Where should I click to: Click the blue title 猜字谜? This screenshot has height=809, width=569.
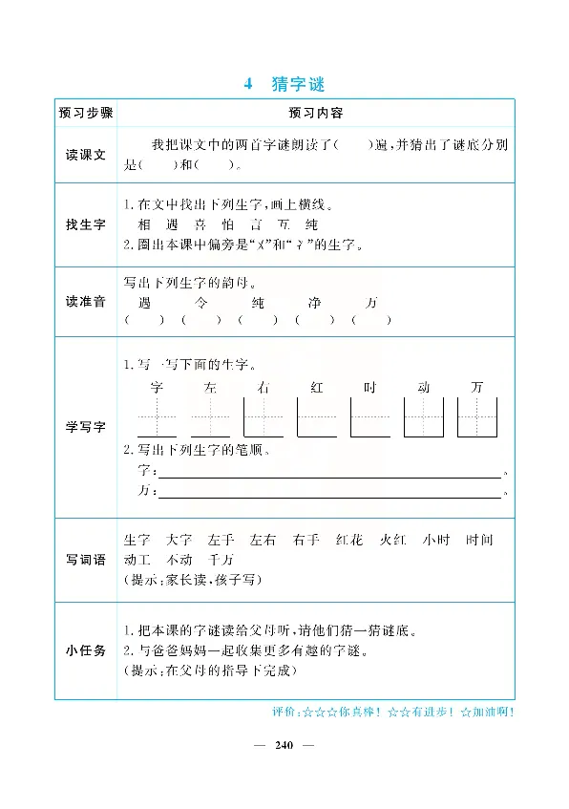[x=299, y=84]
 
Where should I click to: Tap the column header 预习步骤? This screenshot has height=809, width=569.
[x=85, y=113]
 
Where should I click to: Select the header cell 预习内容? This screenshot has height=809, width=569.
[x=316, y=113]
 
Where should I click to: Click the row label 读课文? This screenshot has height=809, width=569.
[x=85, y=155]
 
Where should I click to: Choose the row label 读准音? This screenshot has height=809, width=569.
[x=85, y=302]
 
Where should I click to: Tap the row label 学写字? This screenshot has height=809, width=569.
[x=85, y=426]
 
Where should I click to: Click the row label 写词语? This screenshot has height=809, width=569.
[x=85, y=560]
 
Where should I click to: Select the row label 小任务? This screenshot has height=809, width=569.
[x=85, y=650]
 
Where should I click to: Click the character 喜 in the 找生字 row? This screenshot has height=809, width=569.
[x=200, y=225]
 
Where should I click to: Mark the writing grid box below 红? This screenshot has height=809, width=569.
[x=317, y=417]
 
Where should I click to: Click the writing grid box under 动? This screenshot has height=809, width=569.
[x=424, y=417]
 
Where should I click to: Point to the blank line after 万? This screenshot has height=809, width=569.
[x=328, y=493]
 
